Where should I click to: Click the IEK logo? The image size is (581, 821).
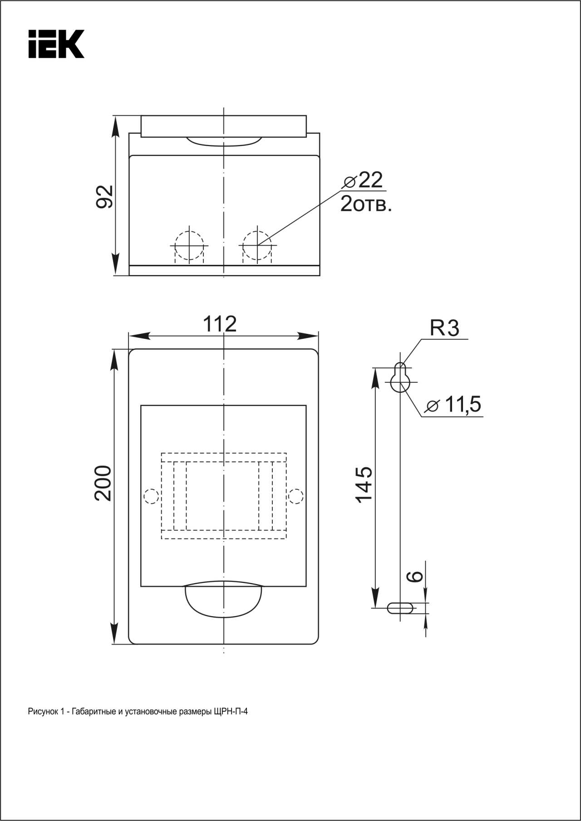tap(56, 44)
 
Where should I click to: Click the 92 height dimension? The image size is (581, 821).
tap(105, 196)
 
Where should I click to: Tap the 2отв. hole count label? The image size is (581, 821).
tap(366, 204)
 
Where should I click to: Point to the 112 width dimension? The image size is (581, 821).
tap(220, 324)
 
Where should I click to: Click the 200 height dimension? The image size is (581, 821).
tap(103, 483)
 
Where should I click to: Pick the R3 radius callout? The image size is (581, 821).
tap(445, 328)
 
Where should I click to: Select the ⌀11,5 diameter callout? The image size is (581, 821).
tap(454, 404)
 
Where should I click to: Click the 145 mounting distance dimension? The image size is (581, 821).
tap(364, 484)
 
